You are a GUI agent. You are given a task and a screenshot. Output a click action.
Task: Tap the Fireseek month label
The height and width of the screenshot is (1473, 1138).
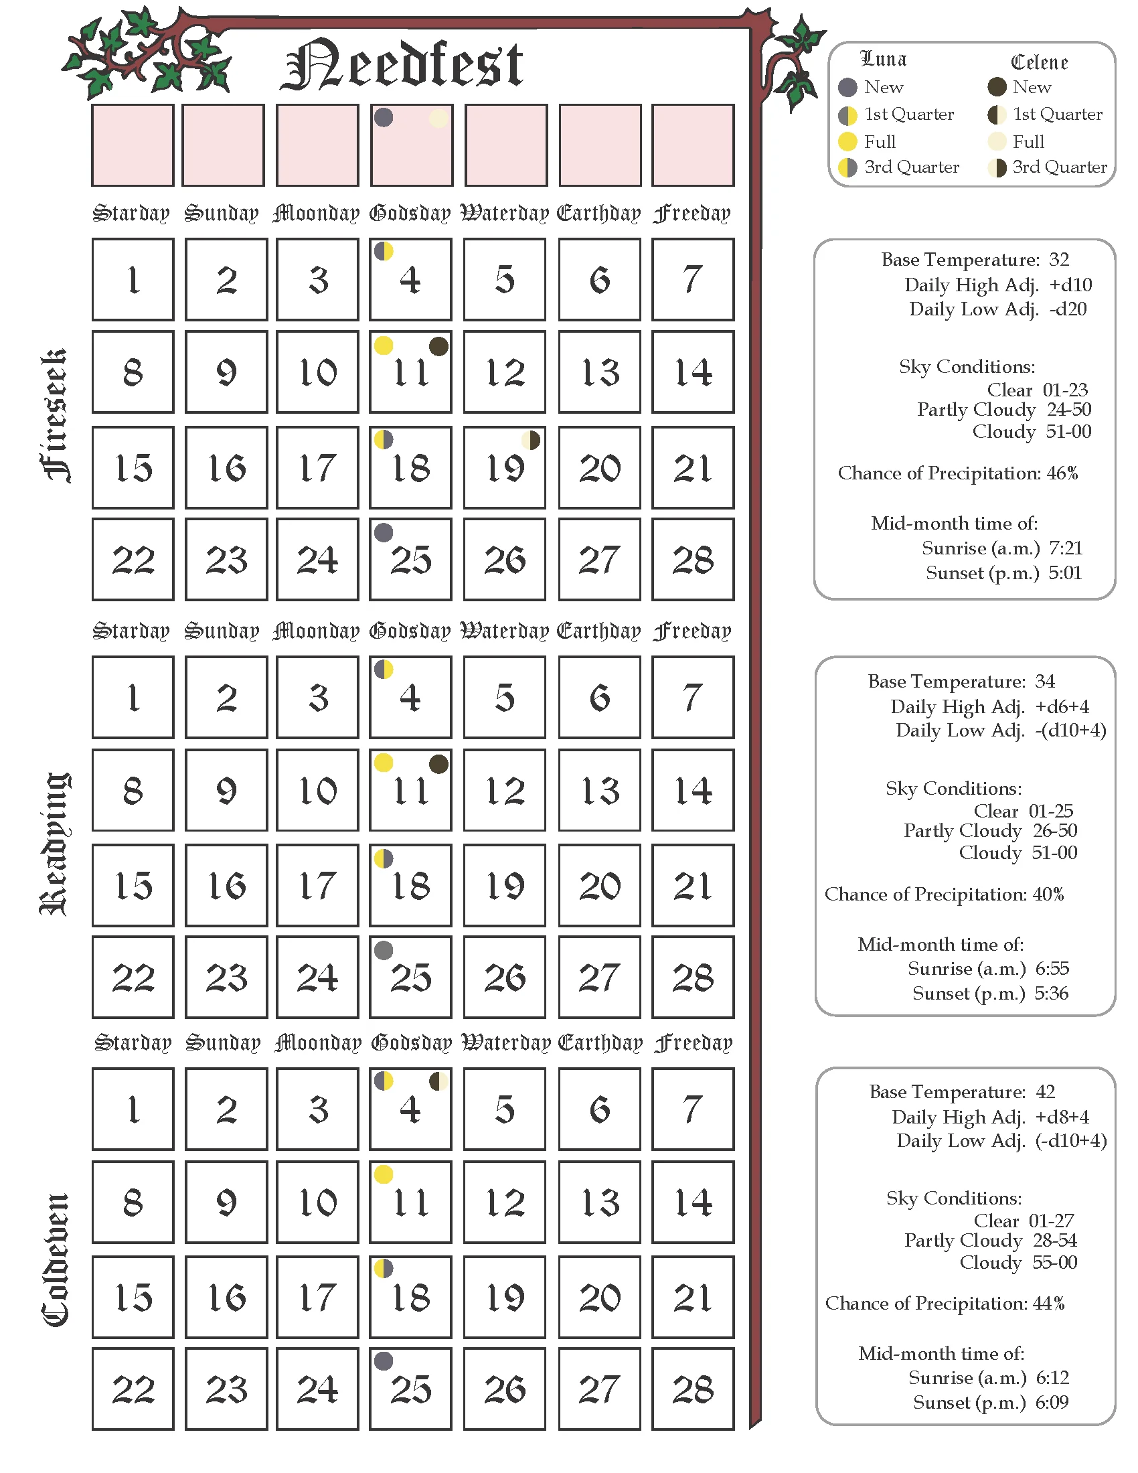pyautogui.click(x=56, y=416)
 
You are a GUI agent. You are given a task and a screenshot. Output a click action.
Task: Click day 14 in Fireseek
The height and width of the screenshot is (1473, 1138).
pyautogui.click(x=692, y=372)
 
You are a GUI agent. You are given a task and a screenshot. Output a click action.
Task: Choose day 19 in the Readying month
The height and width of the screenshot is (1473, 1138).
pyautogui.click(x=504, y=886)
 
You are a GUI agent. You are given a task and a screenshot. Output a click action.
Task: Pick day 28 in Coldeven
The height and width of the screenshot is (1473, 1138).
pyautogui.click(x=692, y=1389)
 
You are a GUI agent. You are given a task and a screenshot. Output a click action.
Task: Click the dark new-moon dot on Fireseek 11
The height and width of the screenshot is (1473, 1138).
pyautogui.click(x=438, y=347)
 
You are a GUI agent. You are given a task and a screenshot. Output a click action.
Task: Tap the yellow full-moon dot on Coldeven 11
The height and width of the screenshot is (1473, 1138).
pyautogui.click(x=384, y=1174)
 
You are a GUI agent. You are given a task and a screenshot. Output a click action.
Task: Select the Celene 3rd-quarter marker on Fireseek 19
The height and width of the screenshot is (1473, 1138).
pyautogui.click(x=532, y=441)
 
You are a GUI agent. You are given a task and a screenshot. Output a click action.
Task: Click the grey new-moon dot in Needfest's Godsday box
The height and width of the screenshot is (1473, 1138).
pyautogui.click(x=384, y=117)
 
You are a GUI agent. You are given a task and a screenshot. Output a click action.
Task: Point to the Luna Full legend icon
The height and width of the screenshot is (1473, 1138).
pyautogui.click(x=847, y=142)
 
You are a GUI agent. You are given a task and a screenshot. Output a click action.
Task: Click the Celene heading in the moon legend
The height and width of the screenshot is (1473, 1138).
pyautogui.click(x=1039, y=62)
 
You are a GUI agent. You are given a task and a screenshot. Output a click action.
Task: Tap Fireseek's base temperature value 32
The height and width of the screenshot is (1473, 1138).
pyautogui.click(x=1059, y=260)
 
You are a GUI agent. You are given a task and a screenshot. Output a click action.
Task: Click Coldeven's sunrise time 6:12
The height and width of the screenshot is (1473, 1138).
pyautogui.click(x=1052, y=1377)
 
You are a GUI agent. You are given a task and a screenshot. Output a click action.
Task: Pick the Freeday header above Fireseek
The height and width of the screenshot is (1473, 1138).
pyautogui.click(x=692, y=214)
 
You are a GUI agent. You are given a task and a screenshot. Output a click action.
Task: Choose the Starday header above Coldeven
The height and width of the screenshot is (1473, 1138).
pyautogui.click(x=133, y=1043)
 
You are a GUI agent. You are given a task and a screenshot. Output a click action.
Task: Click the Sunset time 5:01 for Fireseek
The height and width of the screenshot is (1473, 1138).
pyautogui.click(x=1065, y=573)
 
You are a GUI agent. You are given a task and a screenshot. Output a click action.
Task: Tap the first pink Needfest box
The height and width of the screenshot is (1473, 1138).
pyautogui.click(x=133, y=145)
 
